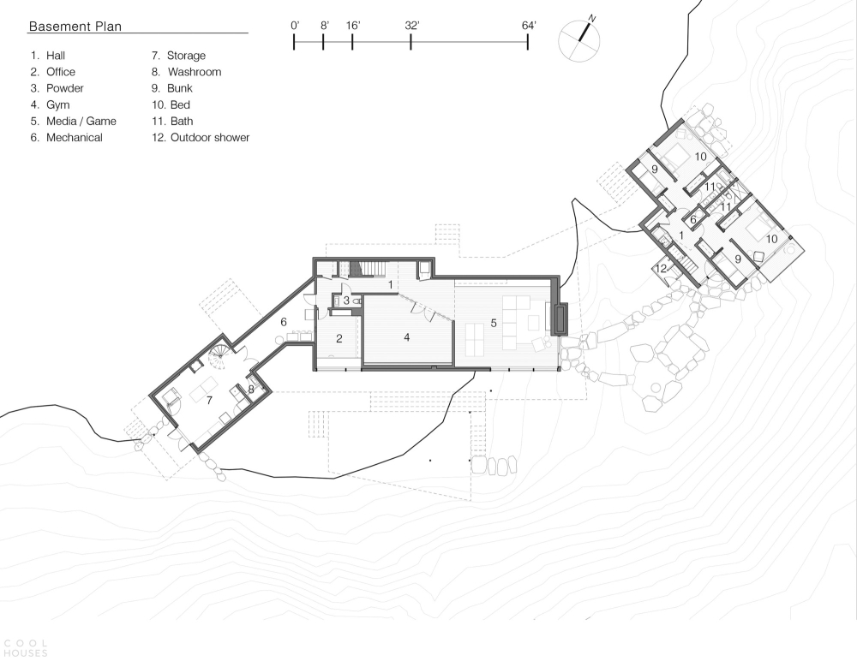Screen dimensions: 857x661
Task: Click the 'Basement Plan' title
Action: click(x=75, y=27)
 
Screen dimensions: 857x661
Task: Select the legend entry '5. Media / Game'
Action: click(x=73, y=121)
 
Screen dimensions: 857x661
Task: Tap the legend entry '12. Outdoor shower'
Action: click(x=201, y=137)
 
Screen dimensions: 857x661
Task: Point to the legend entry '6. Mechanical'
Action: click(x=66, y=137)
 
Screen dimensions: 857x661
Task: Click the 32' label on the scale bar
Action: click(x=412, y=26)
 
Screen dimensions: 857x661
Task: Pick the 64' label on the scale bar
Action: click(x=529, y=26)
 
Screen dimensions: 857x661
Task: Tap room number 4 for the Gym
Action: click(x=406, y=337)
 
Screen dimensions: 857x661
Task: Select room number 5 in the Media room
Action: click(x=494, y=323)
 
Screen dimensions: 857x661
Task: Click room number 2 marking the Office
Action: click(x=339, y=339)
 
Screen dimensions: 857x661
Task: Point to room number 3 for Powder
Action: click(x=346, y=301)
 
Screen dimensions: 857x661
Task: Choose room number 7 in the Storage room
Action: click(x=209, y=401)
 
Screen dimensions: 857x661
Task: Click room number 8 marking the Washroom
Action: click(x=251, y=390)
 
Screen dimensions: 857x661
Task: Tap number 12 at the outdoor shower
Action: click(x=662, y=268)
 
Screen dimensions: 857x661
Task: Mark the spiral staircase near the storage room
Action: click(x=221, y=355)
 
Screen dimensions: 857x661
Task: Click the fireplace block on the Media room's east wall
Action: click(x=561, y=319)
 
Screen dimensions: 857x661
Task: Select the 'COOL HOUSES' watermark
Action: click(x=26, y=648)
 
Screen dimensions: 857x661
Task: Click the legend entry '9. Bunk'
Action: click(x=172, y=88)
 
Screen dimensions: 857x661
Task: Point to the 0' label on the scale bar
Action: click(x=295, y=26)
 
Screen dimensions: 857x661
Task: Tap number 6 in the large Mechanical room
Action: click(x=284, y=322)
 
